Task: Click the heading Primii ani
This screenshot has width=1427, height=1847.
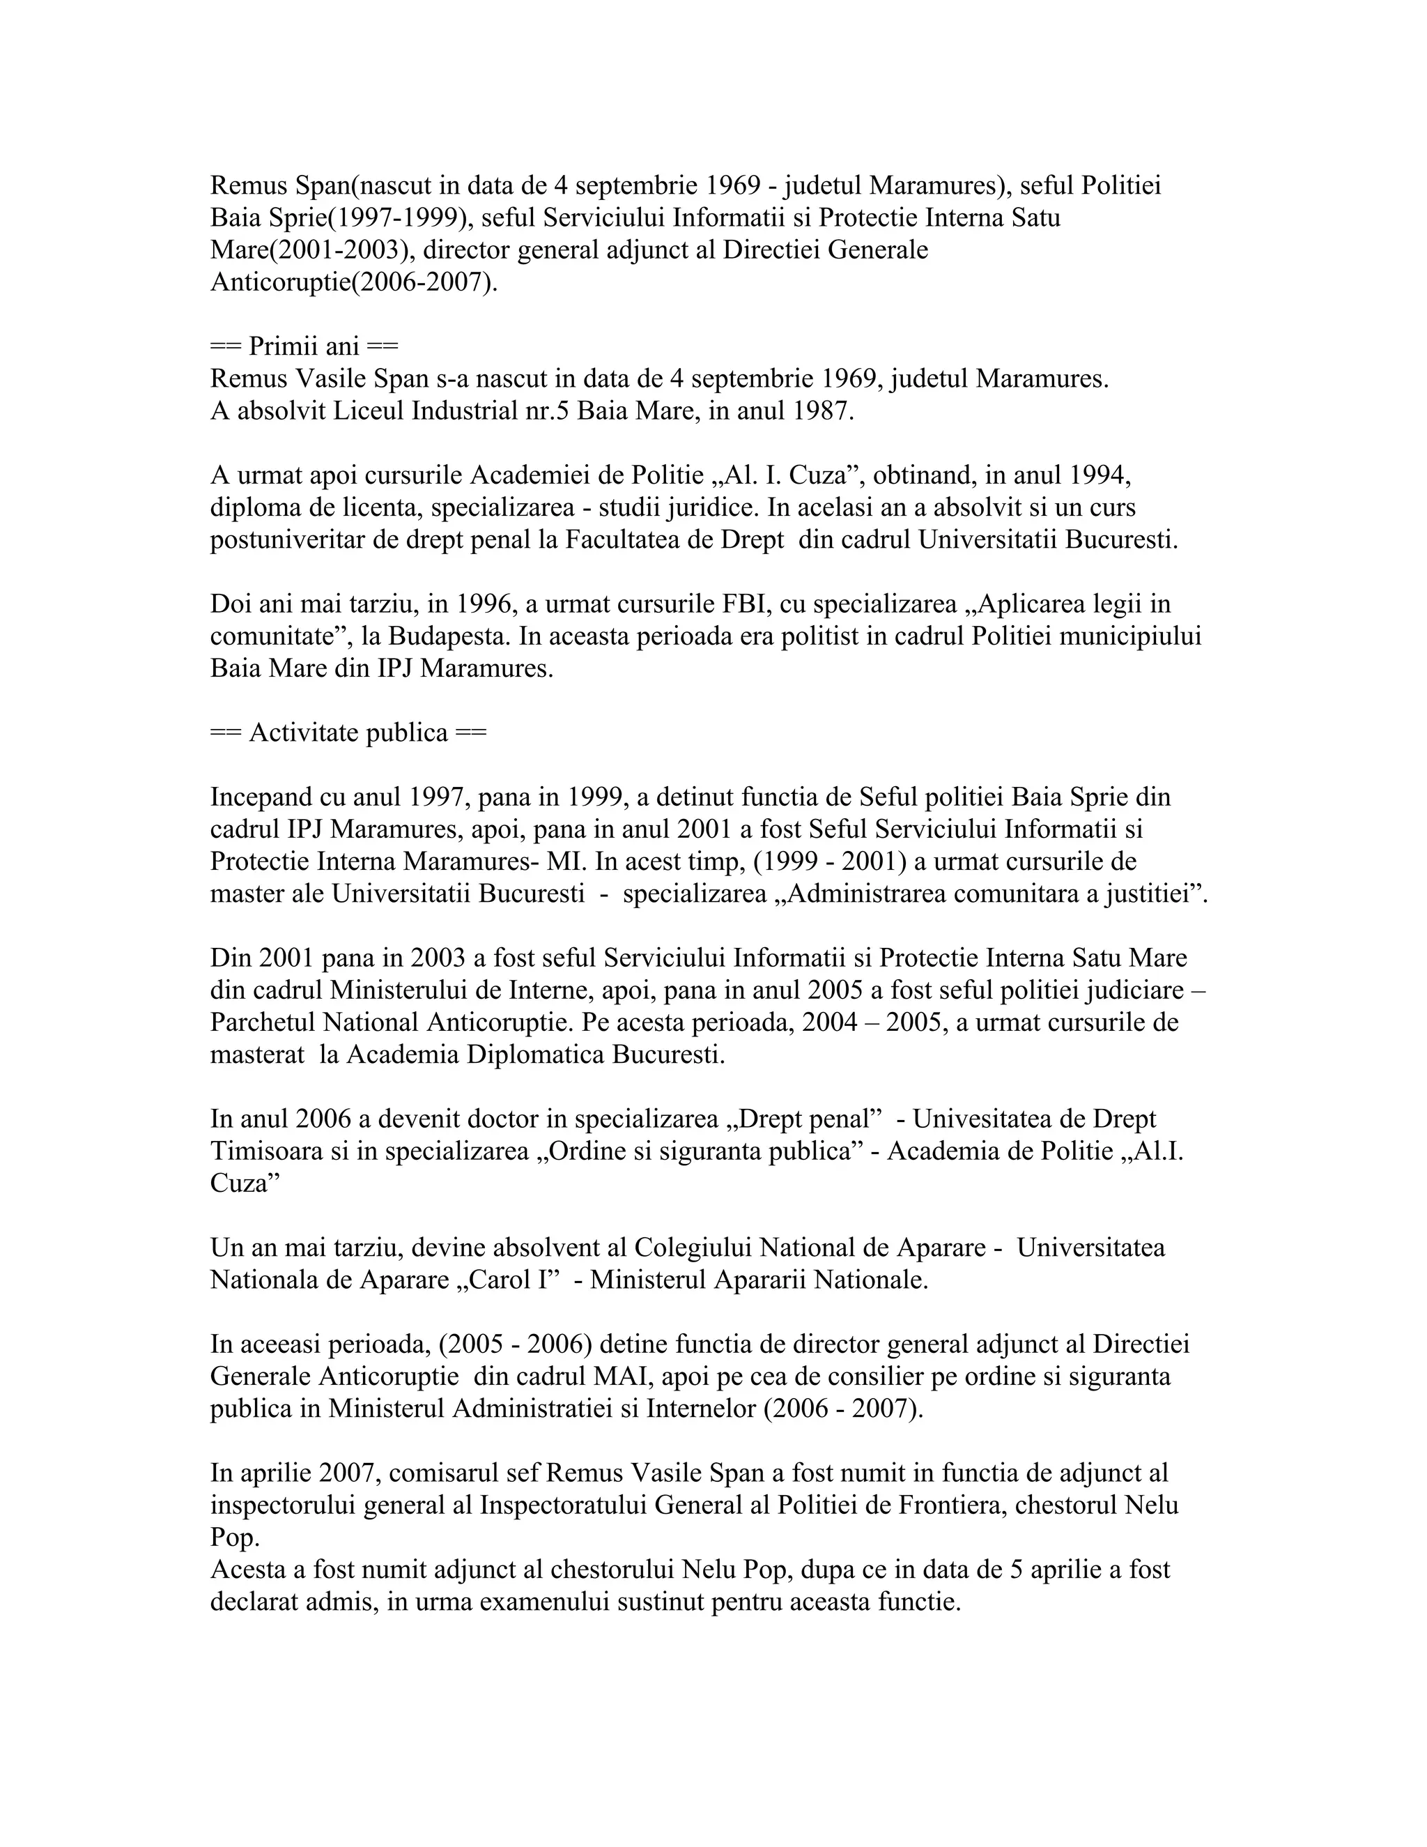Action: click(304, 346)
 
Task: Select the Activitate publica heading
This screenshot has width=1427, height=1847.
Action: click(348, 733)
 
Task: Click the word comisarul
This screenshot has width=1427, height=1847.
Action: click(443, 1472)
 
